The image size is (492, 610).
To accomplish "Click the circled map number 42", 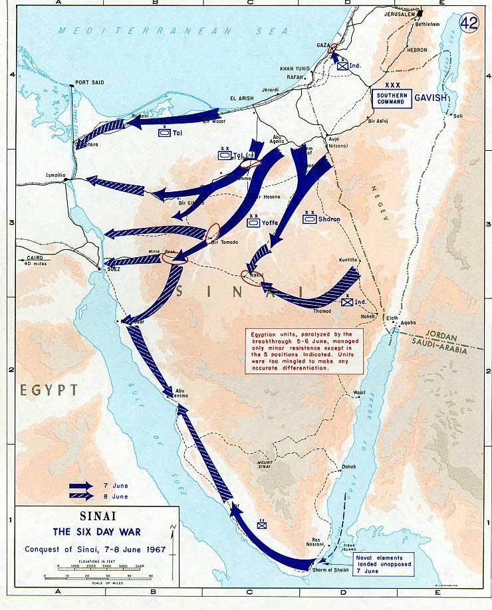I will (x=471, y=21).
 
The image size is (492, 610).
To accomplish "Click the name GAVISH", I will (x=431, y=98).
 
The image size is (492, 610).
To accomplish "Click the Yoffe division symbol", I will (x=253, y=223).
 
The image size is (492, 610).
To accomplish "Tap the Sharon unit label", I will (x=329, y=219).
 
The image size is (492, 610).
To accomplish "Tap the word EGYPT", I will (x=48, y=390).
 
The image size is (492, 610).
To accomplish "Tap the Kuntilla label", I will (x=350, y=260).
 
